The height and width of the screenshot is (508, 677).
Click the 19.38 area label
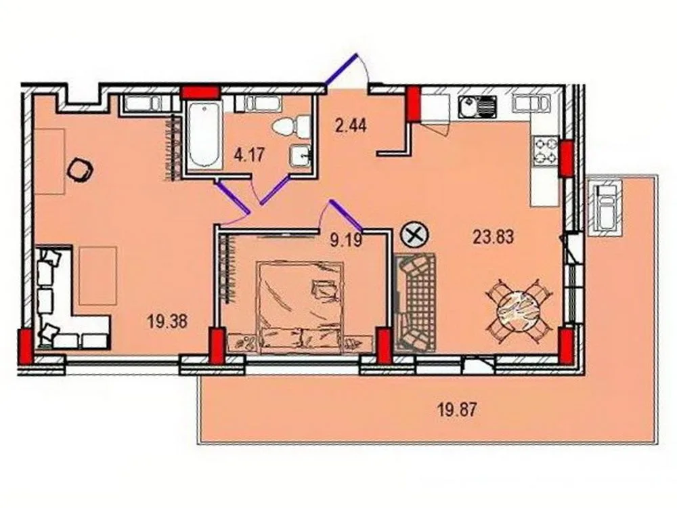(x=167, y=321)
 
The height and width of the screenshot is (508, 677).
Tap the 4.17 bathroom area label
(x=248, y=154)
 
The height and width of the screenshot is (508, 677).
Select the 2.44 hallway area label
(x=351, y=126)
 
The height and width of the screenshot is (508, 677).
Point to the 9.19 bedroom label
(x=346, y=240)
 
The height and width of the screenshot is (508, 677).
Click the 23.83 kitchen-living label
(x=493, y=236)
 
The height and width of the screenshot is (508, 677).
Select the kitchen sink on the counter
(x=477, y=106)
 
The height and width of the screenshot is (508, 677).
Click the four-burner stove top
(x=546, y=151)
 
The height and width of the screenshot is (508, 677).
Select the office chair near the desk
(x=81, y=170)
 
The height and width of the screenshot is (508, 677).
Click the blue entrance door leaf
(x=341, y=68)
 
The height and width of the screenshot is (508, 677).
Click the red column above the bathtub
(x=200, y=93)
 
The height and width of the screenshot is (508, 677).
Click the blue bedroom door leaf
(x=345, y=215)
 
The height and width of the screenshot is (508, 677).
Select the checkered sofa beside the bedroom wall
(x=416, y=301)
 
